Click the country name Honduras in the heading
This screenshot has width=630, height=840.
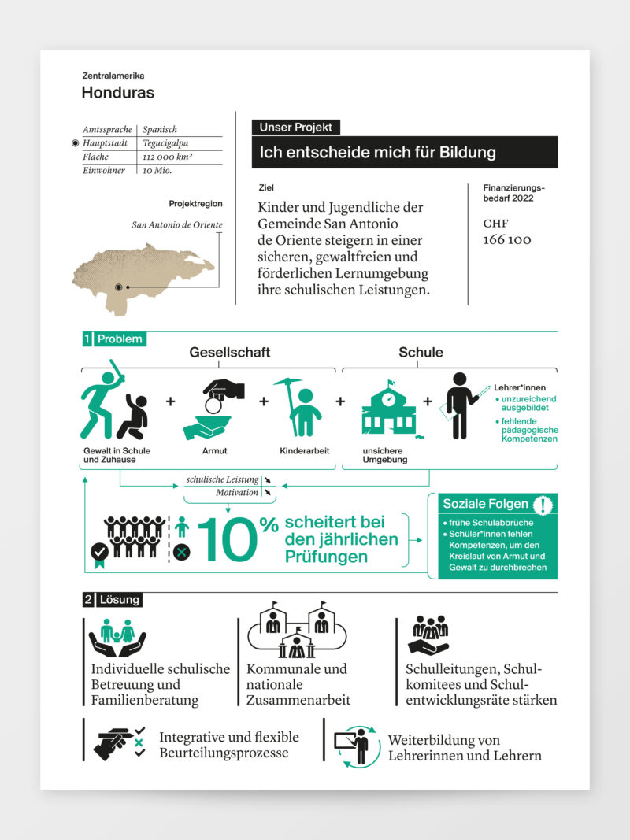(x=117, y=93)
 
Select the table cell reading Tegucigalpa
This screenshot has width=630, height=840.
(x=165, y=143)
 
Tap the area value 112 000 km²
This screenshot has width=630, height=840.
(x=168, y=157)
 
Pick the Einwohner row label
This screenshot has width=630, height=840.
(x=105, y=170)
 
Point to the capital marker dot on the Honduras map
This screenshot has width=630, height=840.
(x=119, y=287)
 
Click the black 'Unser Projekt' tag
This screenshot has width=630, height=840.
(x=296, y=127)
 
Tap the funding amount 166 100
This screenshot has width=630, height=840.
(x=506, y=239)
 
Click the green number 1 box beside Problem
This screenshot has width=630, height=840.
(x=87, y=339)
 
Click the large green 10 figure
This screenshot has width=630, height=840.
(x=228, y=540)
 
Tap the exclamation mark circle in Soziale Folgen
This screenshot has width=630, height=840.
(x=542, y=505)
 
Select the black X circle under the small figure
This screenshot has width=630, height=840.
(x=182, y=552)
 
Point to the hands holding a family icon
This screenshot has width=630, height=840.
(x=117, y=638)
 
